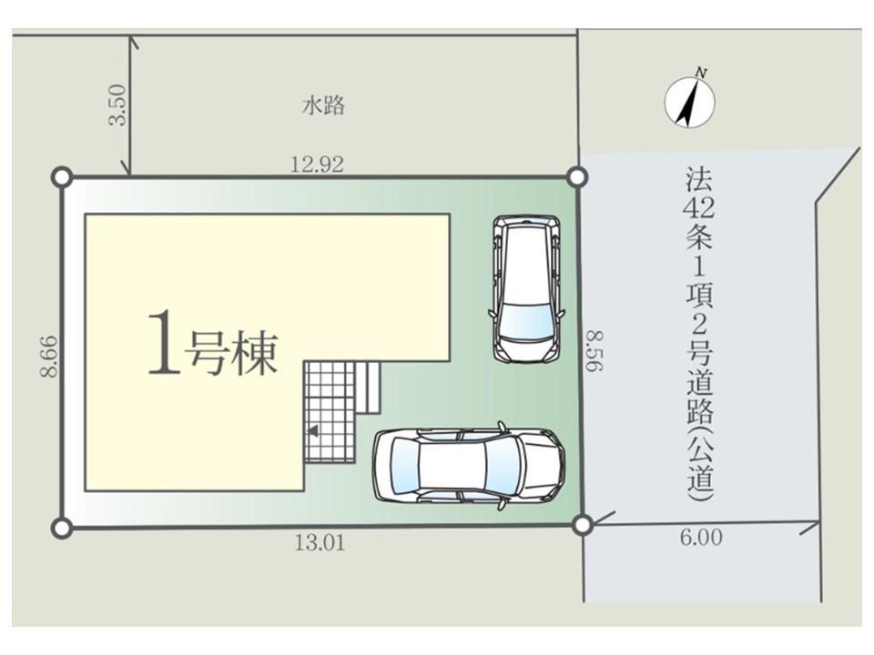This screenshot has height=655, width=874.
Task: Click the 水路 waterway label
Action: coord(323,106)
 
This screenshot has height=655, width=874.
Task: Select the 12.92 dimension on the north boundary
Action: coord(318,165)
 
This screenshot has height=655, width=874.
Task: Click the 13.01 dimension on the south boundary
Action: coord(320,542)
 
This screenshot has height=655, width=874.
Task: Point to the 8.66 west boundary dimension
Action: coord(49,357)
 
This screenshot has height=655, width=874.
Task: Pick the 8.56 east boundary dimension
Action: coord(595,351)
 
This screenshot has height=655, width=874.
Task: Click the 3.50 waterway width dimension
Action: coord(118,105)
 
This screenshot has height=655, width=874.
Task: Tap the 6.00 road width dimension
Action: coord(701,538)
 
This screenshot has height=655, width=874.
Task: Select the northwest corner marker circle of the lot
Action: coord(62,178)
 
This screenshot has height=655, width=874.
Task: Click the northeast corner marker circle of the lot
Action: coord(577,177)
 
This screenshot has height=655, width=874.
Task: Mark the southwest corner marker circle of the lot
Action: coord(62,527)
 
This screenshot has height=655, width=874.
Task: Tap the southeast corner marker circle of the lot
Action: coord(583,525)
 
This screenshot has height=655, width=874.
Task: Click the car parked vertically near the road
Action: coord(525,289)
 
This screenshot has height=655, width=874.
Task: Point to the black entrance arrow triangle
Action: coord(313,430)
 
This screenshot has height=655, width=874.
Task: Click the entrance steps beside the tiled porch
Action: coord(368,388)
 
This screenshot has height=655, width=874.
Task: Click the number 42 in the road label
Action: coord(698,208)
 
